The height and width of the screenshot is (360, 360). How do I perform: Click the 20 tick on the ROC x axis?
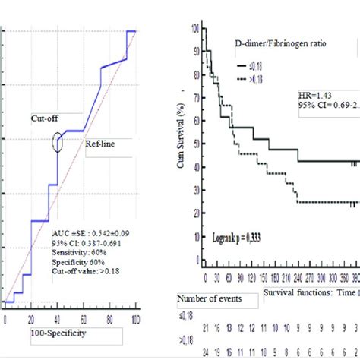click(31, 317)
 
